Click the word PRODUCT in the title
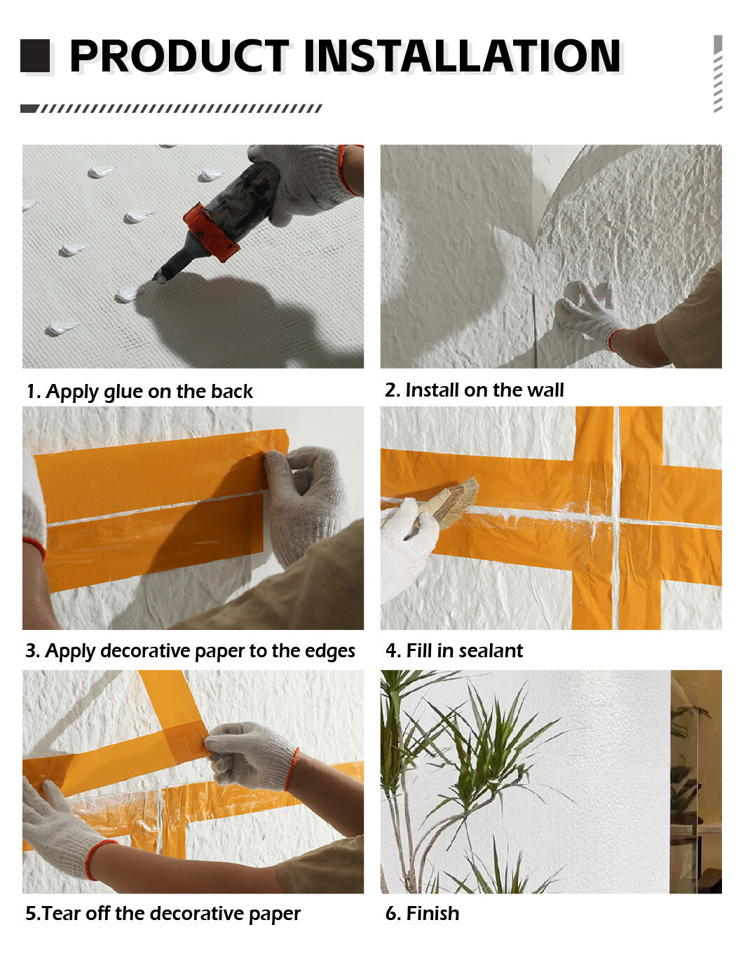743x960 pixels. click(179, 55)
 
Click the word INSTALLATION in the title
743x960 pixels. click(462, 55)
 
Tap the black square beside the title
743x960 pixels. click(35, 55)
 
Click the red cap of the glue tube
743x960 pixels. click(210, 233)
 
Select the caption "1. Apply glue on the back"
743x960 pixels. click(139, 392)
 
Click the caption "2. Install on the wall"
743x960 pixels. click(474, 390)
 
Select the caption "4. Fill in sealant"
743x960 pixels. click(454, 651)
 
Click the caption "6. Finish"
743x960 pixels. click(422, 913)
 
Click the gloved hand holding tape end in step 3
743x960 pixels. click(305, 504)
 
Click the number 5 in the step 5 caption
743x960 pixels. click(30, 913)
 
